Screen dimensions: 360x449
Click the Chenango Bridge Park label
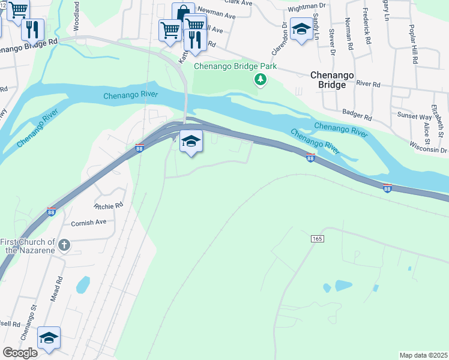235,66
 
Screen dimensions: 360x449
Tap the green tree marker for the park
260,79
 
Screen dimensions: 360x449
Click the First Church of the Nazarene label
28,245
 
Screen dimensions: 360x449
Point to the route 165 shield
318,239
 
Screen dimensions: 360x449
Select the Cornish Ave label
88,222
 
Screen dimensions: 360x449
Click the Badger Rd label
357,112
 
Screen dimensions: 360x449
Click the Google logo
20,353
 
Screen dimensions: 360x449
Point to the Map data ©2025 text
423,355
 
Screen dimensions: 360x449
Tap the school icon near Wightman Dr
301,28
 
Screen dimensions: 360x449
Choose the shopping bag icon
183,13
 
